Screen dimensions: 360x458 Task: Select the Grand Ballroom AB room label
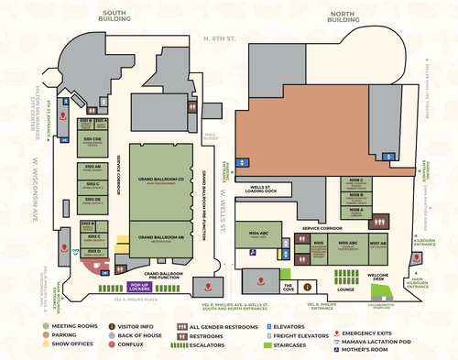[x=161, y=237]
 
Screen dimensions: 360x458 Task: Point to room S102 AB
[x=92, y=167]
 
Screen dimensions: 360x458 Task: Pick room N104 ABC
[x=259, y=235]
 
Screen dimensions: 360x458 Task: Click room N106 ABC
[x=348, y=245]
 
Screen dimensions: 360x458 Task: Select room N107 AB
[x=377, y=245]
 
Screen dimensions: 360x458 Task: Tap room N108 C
[x=355, y=180]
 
